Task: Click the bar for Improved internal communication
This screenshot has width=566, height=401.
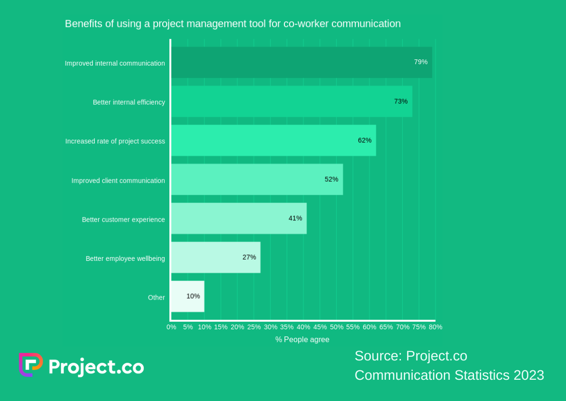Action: coord(301,62)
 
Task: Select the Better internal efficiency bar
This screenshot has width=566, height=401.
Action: coord(291,101)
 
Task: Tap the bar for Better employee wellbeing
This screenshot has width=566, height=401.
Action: coord(215,257)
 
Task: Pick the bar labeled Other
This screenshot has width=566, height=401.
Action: coord(187,296)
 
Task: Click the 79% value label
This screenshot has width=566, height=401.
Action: coord(421,62)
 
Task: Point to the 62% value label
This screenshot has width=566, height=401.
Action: coord(365,140)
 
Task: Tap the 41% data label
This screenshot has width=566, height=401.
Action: coord(295,218)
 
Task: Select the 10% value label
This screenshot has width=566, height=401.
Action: coord(193,296)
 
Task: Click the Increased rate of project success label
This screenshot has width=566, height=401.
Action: coord(115,141)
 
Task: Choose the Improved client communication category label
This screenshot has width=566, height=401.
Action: coord(118,180)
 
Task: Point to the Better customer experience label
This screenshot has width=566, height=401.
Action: coord(123,219)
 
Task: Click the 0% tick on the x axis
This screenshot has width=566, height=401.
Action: coord(171,327)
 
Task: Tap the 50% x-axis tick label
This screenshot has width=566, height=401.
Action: coord(336,327)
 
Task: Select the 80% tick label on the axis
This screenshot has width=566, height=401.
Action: coord(435,327)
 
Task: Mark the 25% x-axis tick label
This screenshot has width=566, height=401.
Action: coord(254,327)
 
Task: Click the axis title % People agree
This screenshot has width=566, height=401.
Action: coord(302,340)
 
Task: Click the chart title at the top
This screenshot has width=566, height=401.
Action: coord(233,24)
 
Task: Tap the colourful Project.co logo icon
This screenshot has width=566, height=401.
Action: coord(31,365)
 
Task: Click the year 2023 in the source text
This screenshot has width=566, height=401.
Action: coord(528,375)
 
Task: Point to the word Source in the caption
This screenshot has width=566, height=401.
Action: coord(378,356)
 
